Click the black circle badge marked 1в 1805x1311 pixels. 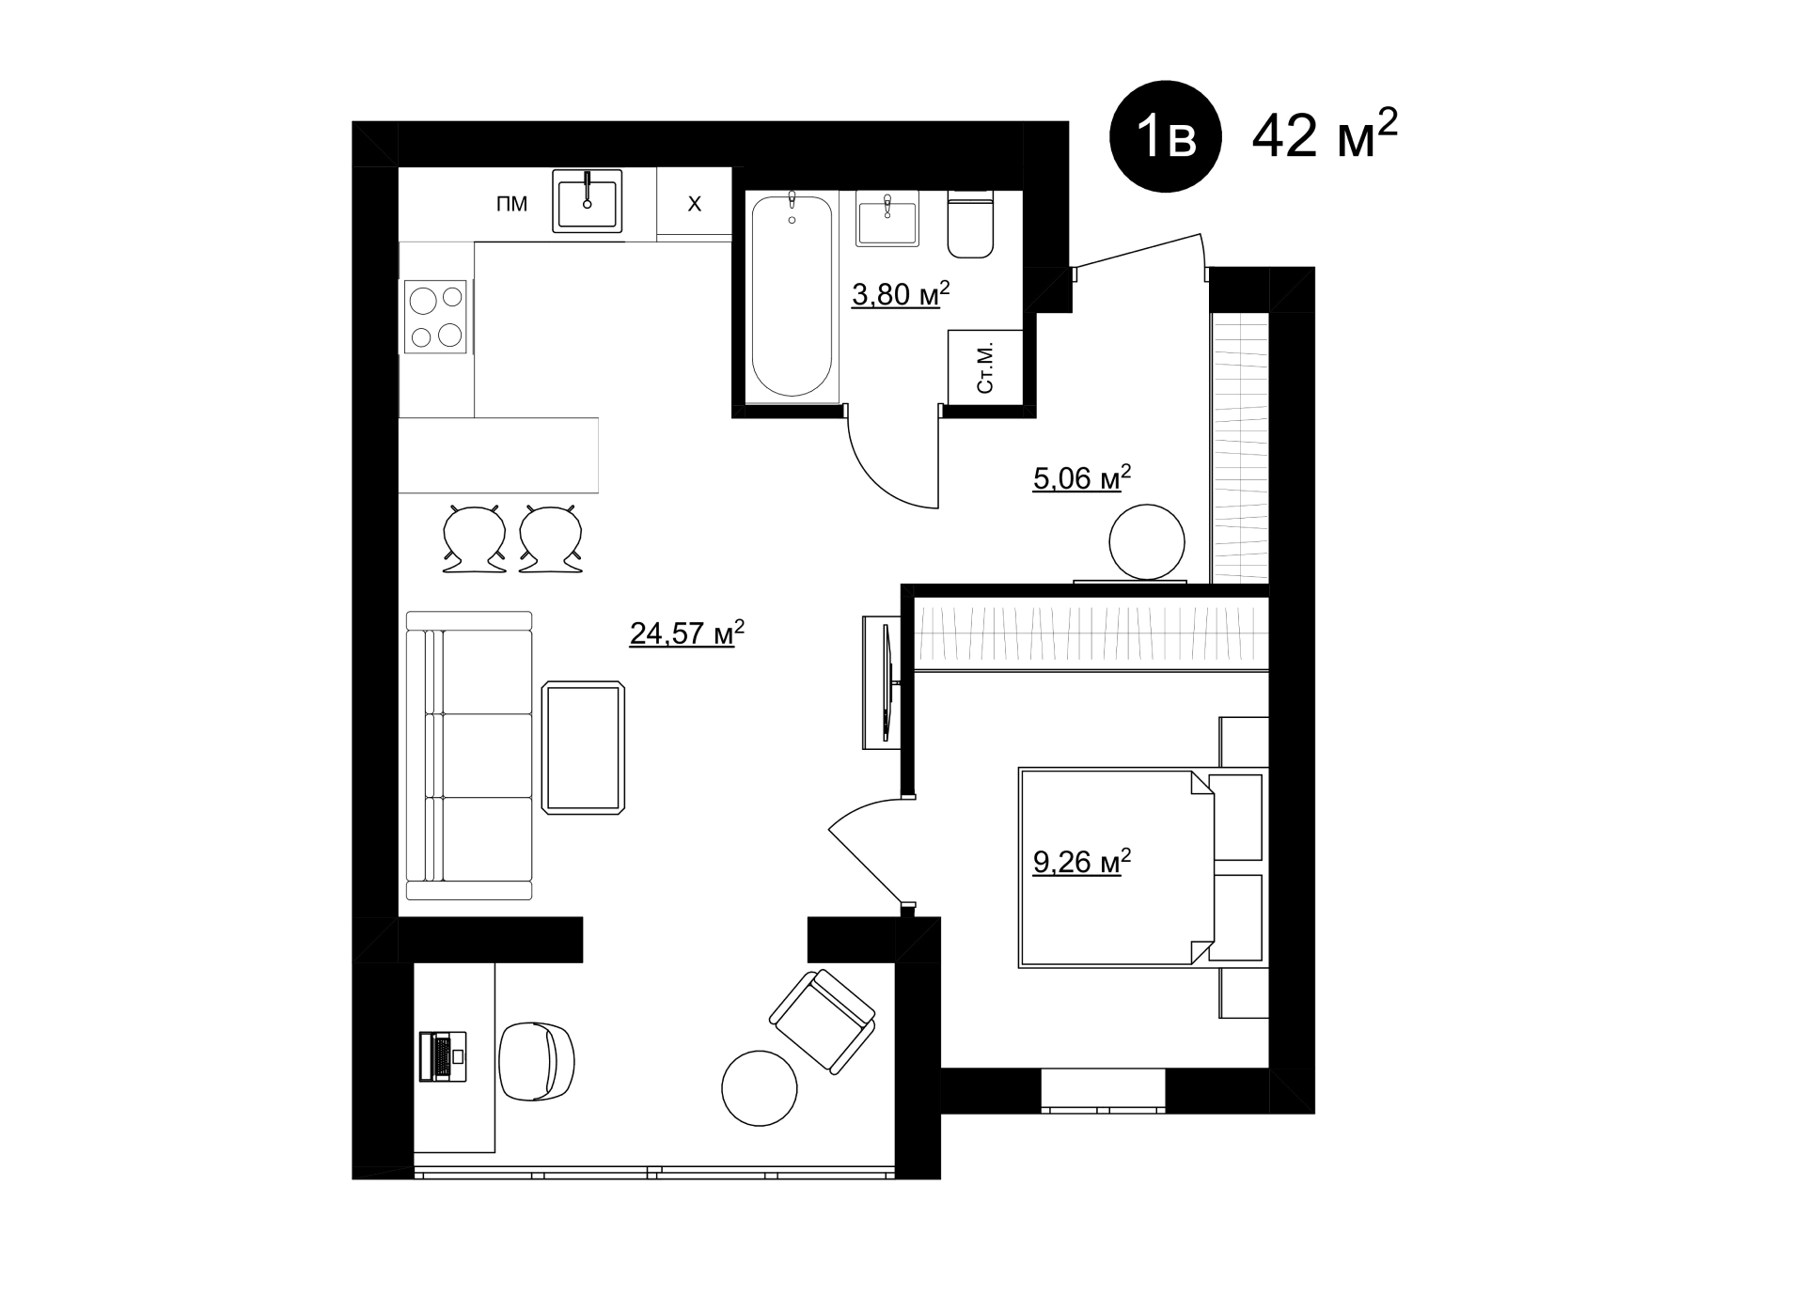point(1166,136)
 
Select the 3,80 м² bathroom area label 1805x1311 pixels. point(901,293)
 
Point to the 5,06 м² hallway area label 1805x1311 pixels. point(1082,477)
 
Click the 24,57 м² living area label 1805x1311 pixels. point(687,632)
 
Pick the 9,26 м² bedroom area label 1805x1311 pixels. point(1082,861)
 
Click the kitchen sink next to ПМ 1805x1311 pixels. point(588,201)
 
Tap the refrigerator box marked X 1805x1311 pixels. point(695,202)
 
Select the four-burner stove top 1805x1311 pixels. point(435,317)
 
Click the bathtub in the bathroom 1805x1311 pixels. point(792,295)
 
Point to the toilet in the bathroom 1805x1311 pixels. point(971,224)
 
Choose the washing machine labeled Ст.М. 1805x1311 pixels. point(985,367)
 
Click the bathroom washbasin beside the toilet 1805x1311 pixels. point(887,218)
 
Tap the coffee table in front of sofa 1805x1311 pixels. point(584,747)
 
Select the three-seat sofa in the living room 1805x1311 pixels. point(470,756)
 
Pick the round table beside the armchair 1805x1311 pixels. point(760,1087)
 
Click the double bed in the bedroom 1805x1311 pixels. point(1143,867)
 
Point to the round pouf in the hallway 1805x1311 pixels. point(1147,542)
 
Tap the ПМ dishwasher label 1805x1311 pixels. point(512,204)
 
